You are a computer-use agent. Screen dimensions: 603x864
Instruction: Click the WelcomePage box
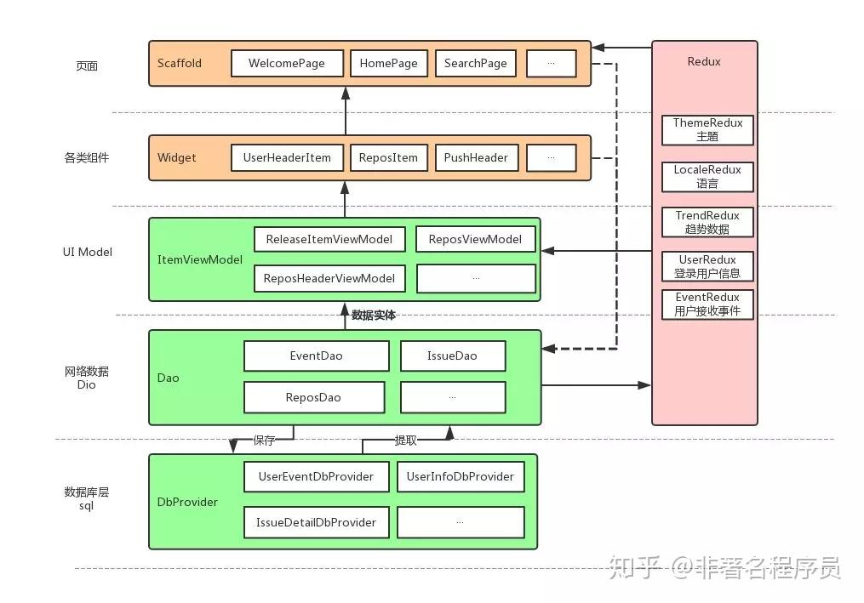pos(287,64)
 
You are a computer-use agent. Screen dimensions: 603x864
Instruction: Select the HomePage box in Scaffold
pos(388,64)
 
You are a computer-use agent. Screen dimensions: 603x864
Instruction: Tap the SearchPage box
pos(475,64)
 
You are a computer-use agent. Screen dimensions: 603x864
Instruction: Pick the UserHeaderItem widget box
pos(287,157)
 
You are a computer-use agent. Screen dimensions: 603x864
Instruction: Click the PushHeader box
pos(475,157)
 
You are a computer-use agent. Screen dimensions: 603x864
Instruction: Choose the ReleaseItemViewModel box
pos(329,239)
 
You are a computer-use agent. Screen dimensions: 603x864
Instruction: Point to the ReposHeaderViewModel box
pos(329,278)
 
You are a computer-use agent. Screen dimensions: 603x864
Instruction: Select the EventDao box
pos(316,356)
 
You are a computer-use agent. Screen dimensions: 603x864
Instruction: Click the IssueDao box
pos(452,356)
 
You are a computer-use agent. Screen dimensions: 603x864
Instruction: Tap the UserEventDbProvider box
pos(316,476)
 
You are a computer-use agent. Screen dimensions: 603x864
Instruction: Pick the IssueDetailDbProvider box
pos(316,522)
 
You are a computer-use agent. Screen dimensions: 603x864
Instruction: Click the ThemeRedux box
pos(707,129)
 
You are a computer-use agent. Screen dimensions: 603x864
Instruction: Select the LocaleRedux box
pos(707,176)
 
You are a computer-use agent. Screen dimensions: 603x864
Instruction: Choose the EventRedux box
pos(707,304)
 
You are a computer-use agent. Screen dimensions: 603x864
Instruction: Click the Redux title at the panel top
pos(704,62)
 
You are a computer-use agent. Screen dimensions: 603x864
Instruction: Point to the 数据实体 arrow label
pos(374,316)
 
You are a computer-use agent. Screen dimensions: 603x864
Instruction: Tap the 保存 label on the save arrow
pos(265,441)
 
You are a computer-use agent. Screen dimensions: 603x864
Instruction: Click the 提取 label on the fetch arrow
pos(405,441)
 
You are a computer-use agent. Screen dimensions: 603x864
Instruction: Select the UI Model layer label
pos(87,252)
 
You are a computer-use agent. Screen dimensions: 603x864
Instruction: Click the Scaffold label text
pos(180,64)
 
